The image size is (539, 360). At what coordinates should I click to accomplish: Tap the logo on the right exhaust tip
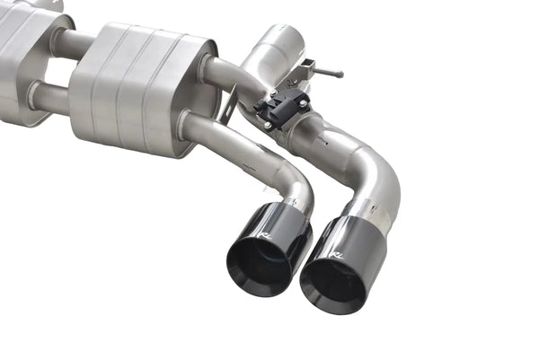pyautogui.click(x=337, y=256)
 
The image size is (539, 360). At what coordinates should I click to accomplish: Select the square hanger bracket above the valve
pyautogui.click(x=306, y=69)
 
